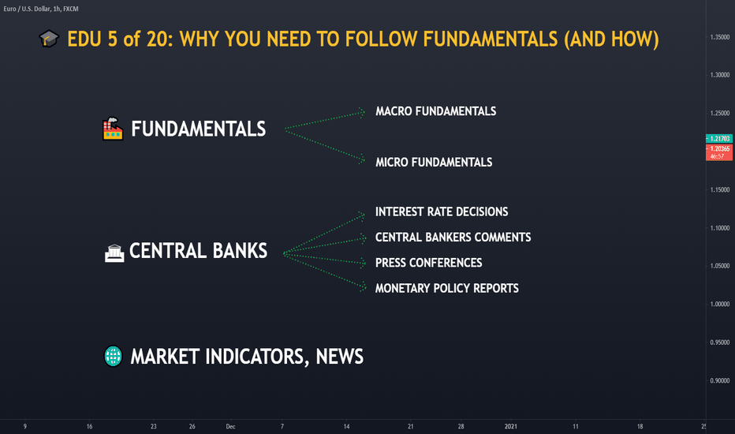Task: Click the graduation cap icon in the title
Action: point(49,39)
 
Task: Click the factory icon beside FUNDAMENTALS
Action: point(113,129)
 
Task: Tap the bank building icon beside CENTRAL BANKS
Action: point(114,253)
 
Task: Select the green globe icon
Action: point(113,356)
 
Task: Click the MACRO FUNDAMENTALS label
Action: point(435,111)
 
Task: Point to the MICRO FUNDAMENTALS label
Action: point(434,163)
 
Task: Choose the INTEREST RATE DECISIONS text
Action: point(442,211)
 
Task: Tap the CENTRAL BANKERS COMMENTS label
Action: point(453,237)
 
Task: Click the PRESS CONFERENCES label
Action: point(428,263)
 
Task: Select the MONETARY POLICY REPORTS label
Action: point(446,288)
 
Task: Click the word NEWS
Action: point(339,357)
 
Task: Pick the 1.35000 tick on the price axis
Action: point(720,37)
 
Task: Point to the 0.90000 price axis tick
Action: point(720,380)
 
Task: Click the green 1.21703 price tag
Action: point(719,138)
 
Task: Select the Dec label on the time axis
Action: point(230,426)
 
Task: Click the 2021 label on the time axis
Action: point(510,426)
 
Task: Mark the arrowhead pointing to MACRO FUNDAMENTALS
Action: point(362,112)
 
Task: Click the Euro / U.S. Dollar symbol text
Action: point(28,9)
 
